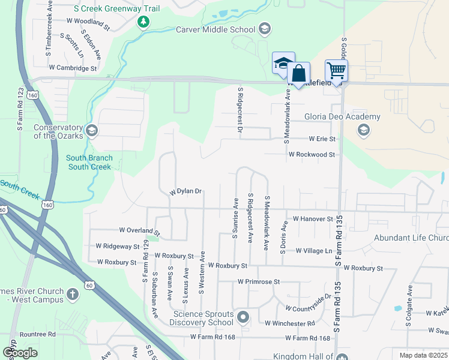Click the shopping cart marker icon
point(337,70)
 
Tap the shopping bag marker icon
point(298,74)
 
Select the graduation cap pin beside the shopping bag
point(283,63)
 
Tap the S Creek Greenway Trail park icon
point(143,23)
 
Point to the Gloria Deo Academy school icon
point(363,130)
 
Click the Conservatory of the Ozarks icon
point(91,130)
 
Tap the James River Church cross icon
point(72,294)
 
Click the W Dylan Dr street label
point(185,191)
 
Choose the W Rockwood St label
point(311,154)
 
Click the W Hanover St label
point(313,220)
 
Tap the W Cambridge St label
point(73,68)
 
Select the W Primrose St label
point(259,281)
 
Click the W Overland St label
point(140,230)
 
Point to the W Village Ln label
point(312,250)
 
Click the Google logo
point(20,353)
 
